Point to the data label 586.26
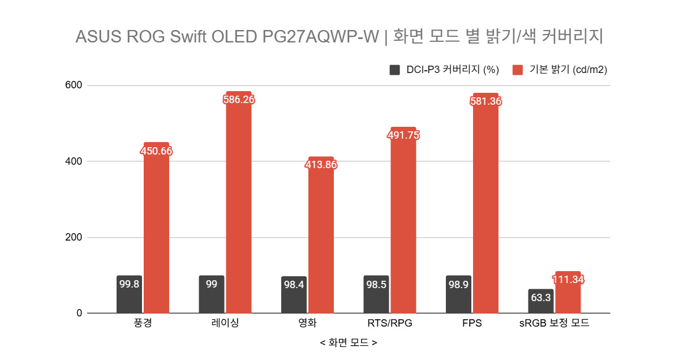point(238,100)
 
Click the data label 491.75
point(403,135)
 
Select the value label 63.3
point(541,298)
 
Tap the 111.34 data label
point(568,280)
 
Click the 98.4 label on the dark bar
point(294,285)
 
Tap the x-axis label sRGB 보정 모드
point(554,324)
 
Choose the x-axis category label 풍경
point(143,324)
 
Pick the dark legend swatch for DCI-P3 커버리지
point(395,70)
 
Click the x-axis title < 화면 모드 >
point(348,343)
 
